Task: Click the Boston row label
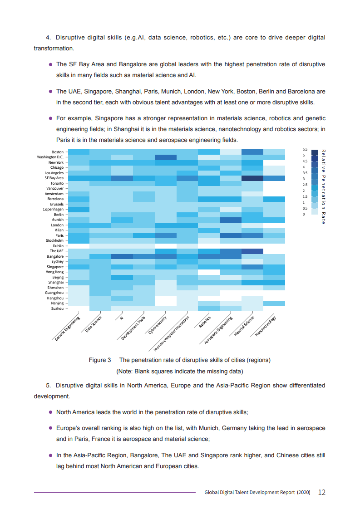(x=58, y=152)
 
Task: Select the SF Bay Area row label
(x=54, y=178)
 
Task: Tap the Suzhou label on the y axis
(x=57, y=308)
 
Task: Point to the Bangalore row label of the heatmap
(x=55, y=256)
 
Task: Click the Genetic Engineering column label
(x=67, y=328)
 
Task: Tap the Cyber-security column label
(x=158, y=325)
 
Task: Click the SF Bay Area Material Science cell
(x=252, y=178)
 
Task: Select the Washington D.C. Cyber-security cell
(x=165, y=157)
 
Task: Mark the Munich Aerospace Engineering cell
(x=231, y=220)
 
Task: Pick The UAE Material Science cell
(x=252, y=251)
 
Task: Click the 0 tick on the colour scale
(x=303, y=214)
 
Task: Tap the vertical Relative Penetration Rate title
(x=323, y=186)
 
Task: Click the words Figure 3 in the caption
(x=100, y=360)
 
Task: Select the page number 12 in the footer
(x=322, y=492)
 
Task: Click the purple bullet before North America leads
(x=50, y=412)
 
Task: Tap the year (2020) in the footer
(x=304, y=492)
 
